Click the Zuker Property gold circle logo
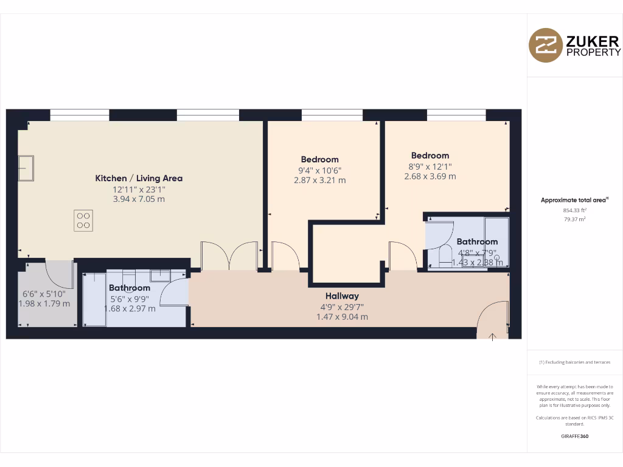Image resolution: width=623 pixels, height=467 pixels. (x=546, y=46)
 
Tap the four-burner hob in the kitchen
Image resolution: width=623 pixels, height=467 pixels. (x=84, y=220)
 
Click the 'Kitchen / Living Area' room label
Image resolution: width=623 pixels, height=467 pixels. (x=139, y=178)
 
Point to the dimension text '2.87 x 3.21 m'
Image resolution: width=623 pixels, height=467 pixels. (x=319, y=180)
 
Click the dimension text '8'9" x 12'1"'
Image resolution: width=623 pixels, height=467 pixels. (x=430, y=166)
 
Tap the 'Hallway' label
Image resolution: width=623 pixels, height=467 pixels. (x=342, y=296)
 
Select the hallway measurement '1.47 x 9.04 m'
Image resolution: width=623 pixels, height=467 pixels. (x=342, y=317)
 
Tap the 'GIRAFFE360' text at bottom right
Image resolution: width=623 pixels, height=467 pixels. (x=574, y=436)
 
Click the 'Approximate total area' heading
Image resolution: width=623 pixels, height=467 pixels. (x=574, y=200)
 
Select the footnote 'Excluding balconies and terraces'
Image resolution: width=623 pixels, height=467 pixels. (x=574, y=362)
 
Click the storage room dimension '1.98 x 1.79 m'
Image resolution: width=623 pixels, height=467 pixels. (x=44, y=304)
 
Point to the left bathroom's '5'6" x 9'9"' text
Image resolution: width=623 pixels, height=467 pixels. (x=129, y=299)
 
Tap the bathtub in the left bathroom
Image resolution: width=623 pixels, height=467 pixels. (x=94, y=300)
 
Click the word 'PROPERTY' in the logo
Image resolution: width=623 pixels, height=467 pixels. (x=593, y=52)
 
